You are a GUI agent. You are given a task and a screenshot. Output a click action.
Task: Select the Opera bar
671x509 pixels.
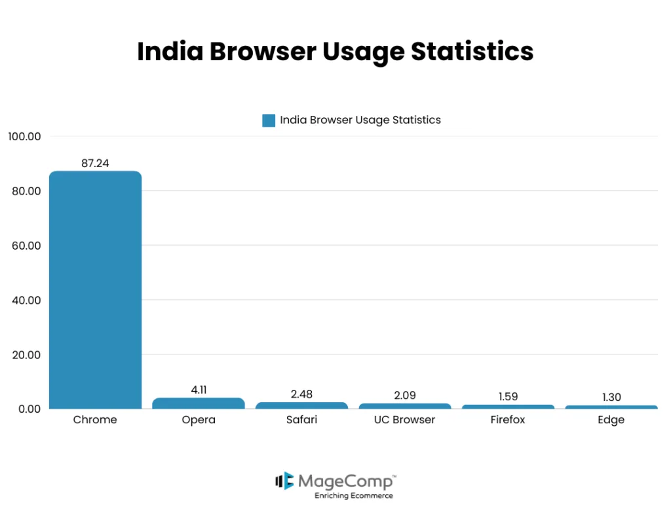pyautogui.click(x=199, y=404)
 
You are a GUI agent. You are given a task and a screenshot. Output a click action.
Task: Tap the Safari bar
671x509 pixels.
pyautogui.click(x=301, y=405)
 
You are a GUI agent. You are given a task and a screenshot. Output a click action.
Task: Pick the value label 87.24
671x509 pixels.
pyautogui.click(x=95, y=163)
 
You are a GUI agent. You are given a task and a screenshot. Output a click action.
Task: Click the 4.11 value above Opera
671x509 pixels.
pyautogui.click(x=199, y=390)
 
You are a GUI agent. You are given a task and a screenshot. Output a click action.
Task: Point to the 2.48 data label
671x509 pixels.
pyautogui.click(x=301, y=394)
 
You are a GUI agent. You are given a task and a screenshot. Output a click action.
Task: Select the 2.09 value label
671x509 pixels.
pyautogui.click(x=405, y=396)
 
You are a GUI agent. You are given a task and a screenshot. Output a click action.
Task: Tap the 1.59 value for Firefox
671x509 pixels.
pyautogui.click(x=508, y=397)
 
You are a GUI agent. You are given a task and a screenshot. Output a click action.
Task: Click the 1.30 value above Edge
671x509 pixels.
pyautogui.click(x=611, y=398)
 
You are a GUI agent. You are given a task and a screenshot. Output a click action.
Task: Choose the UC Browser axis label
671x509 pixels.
pyautogui.click(x=405, y=420)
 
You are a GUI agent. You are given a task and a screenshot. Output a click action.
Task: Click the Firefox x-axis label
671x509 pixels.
pyautogui.click(x=508, y=420)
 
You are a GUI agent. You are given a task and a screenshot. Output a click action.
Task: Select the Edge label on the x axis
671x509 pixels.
pyautogui.click(x=611, y=420)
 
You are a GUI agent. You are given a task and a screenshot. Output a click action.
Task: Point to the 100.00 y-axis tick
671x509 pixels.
pyautogui.click(x=25, y=136)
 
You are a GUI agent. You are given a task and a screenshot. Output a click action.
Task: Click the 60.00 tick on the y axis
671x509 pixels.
pyautogui.click(x=25, y=246)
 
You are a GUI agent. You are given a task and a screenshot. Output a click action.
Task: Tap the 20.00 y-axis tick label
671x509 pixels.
pyautogui.click(x=25, y=354)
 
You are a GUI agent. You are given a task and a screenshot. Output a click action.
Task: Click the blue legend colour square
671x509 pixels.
pyautogui.click(x=269, y=121)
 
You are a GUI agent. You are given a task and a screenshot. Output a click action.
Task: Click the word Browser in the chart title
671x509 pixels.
pyautogui.click(x=267, y=51)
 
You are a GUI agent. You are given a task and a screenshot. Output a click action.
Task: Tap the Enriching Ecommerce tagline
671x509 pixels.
pyautogui.click(x=353, y=496)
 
